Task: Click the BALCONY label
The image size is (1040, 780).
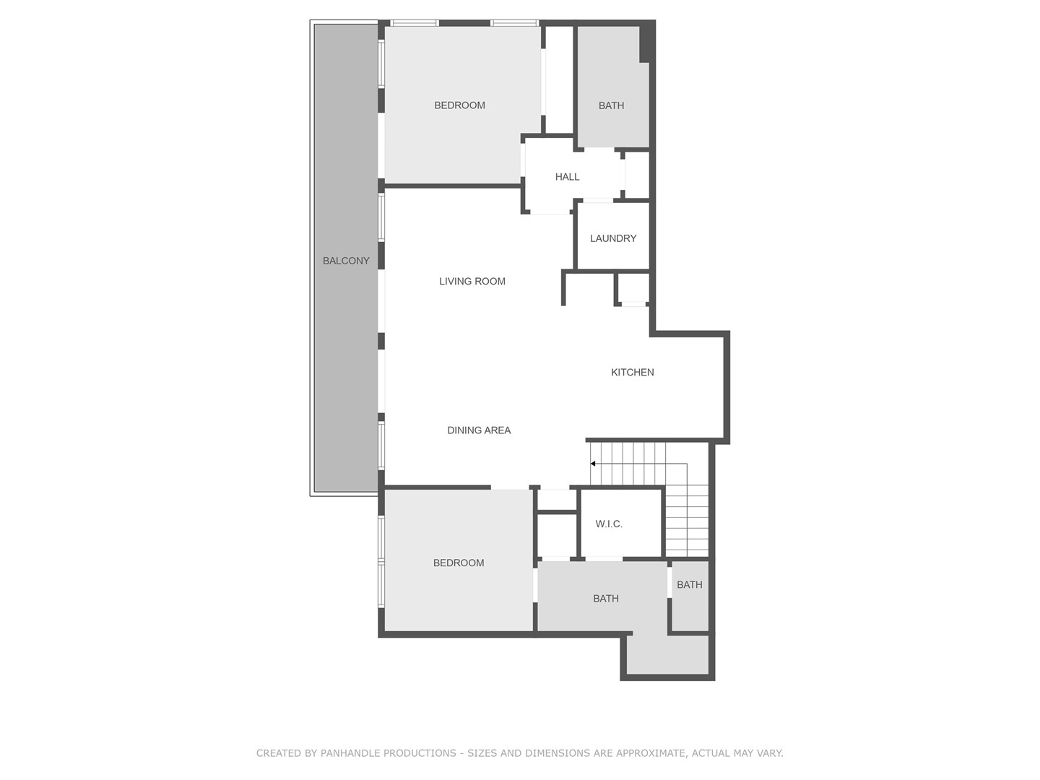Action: click(346, 261)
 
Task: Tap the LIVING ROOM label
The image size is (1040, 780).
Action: click(472, 282)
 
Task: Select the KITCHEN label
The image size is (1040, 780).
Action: click(632, 372)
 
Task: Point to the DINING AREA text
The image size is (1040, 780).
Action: click(479, 430)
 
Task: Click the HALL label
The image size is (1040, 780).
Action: click(567, 177)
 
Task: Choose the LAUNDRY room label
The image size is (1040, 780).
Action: click(613, 238)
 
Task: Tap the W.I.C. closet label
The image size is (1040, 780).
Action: click(609, 524)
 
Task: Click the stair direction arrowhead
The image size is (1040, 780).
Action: click(593, 464)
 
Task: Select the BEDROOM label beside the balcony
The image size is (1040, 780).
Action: click(459, 105)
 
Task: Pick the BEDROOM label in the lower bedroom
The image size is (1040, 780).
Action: click(459, 563)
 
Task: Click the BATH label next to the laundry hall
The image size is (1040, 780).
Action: click(611, 105)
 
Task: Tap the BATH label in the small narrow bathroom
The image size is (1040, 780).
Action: click(690, 585)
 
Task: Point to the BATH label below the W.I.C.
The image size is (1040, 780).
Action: click(605, 599)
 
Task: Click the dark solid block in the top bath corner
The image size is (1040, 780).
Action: click(646, 43)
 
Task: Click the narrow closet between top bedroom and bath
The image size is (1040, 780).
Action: click(560, 79)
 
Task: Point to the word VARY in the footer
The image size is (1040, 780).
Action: click(769, 753)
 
